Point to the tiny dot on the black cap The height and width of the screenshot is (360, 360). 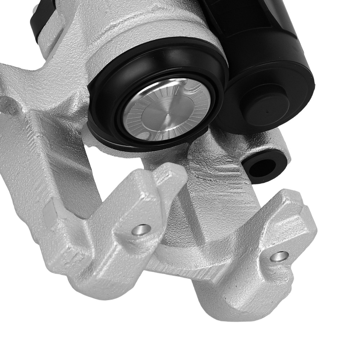[x=267, y=112]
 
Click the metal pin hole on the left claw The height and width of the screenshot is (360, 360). [x=141, y=229]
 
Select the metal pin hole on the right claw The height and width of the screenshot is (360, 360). [x=279, y=256]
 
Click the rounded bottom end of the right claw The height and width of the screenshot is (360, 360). [x=230, y=310]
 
